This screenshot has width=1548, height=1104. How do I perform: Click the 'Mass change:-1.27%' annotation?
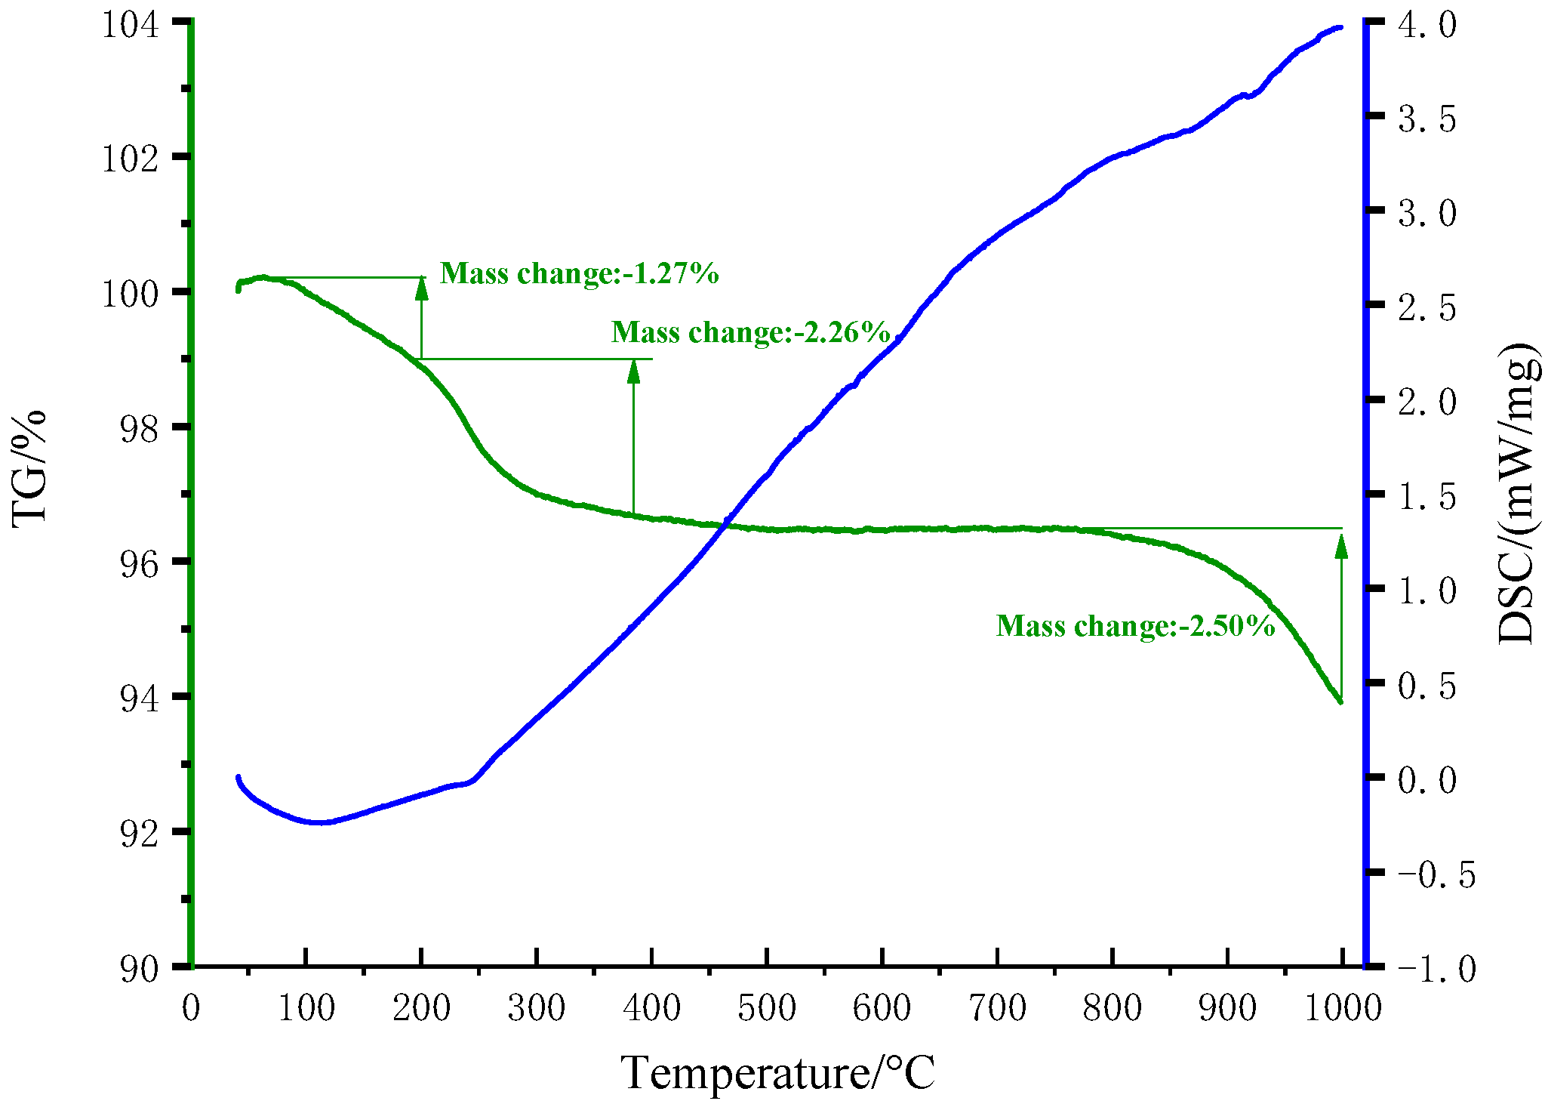pyautogui.click(x=579, y=273)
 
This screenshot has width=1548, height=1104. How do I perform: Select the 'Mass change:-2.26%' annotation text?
pyautogui.click(x=750, y=332)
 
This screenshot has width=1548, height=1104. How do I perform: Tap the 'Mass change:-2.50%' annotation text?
pyautogui.click(x=1135, y=626)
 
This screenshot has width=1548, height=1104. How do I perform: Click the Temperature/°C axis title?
pyautogui.click(x=777, y=1073)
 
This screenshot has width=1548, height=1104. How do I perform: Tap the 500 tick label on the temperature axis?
pyautogui.click(x=767, y=1008)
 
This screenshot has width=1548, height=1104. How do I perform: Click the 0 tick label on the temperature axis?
pyautogui.click(x=191, y=1008)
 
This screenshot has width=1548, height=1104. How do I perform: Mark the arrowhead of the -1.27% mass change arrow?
pyautogui.click(x=422, y=288)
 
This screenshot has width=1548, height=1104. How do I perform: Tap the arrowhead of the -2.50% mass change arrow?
pyautogui.click(x=1341, y=545)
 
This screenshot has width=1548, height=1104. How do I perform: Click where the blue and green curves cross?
pyautogui.click(x=725, y=524)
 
